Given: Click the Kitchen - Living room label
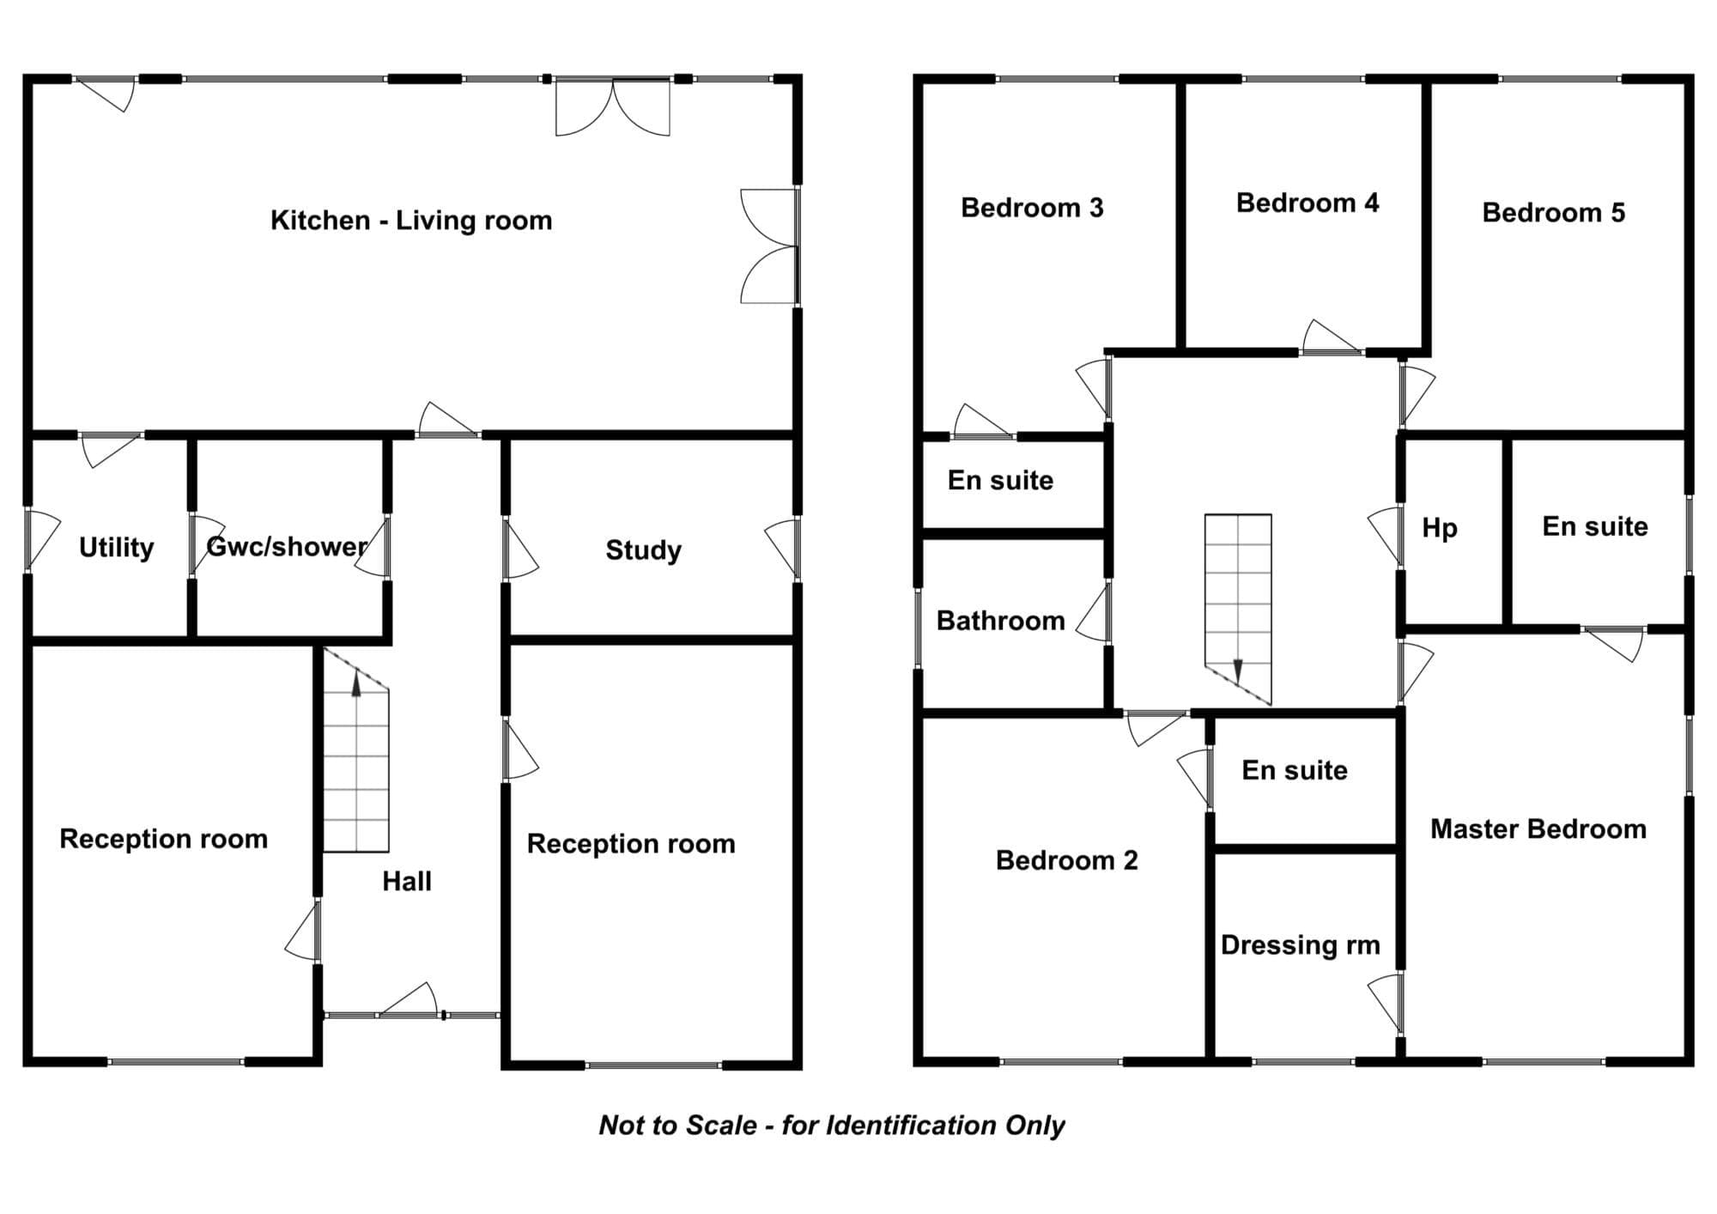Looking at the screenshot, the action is (x=411, y=221).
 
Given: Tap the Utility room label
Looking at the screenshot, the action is (x=116, y=548).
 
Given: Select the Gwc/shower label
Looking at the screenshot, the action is (x=287, y=547).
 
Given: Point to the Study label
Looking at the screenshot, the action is (x=643, y=550).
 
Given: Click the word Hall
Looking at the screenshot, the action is (x=407, y=881).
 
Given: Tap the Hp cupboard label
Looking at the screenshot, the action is (x=1440, y=528).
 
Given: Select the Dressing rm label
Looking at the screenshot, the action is (x=1300, y=945).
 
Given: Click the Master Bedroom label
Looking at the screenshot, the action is (x=1538, y=829).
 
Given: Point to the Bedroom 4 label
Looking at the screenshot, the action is (x=1307, y=203).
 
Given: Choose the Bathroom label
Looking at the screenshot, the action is (x=1000, y=621).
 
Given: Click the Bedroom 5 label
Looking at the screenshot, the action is (x=1554, y=213).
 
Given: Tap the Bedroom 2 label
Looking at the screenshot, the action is (x=1067, y=860).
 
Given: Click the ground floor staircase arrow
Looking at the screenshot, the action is (x=356, y=683).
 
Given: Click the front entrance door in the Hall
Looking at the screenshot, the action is (x=409, y=1001).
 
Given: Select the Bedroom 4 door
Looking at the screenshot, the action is (x=1332, y=337).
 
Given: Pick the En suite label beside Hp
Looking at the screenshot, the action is (x=1595, y=526).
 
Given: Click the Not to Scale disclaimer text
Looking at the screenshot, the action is (x=832, y=1126).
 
